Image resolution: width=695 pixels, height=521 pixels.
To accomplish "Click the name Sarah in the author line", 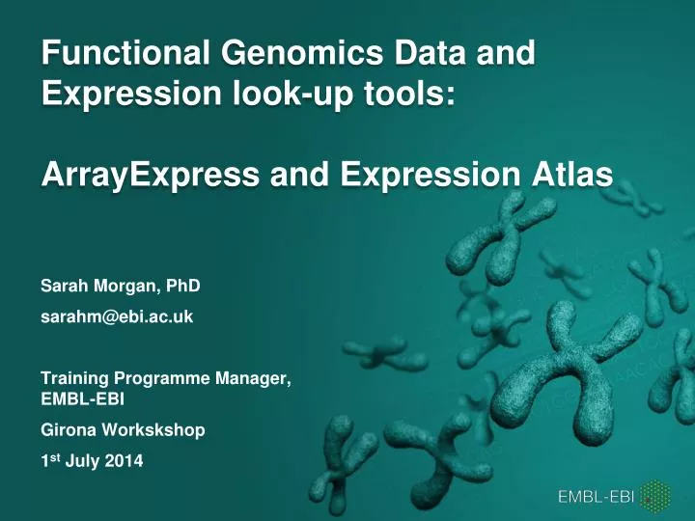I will (x=63, y=287).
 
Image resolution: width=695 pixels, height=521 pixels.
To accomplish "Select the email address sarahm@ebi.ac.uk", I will (x=117, y=315).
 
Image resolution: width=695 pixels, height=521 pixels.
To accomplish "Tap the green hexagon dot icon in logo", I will (x=658, y=496).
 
